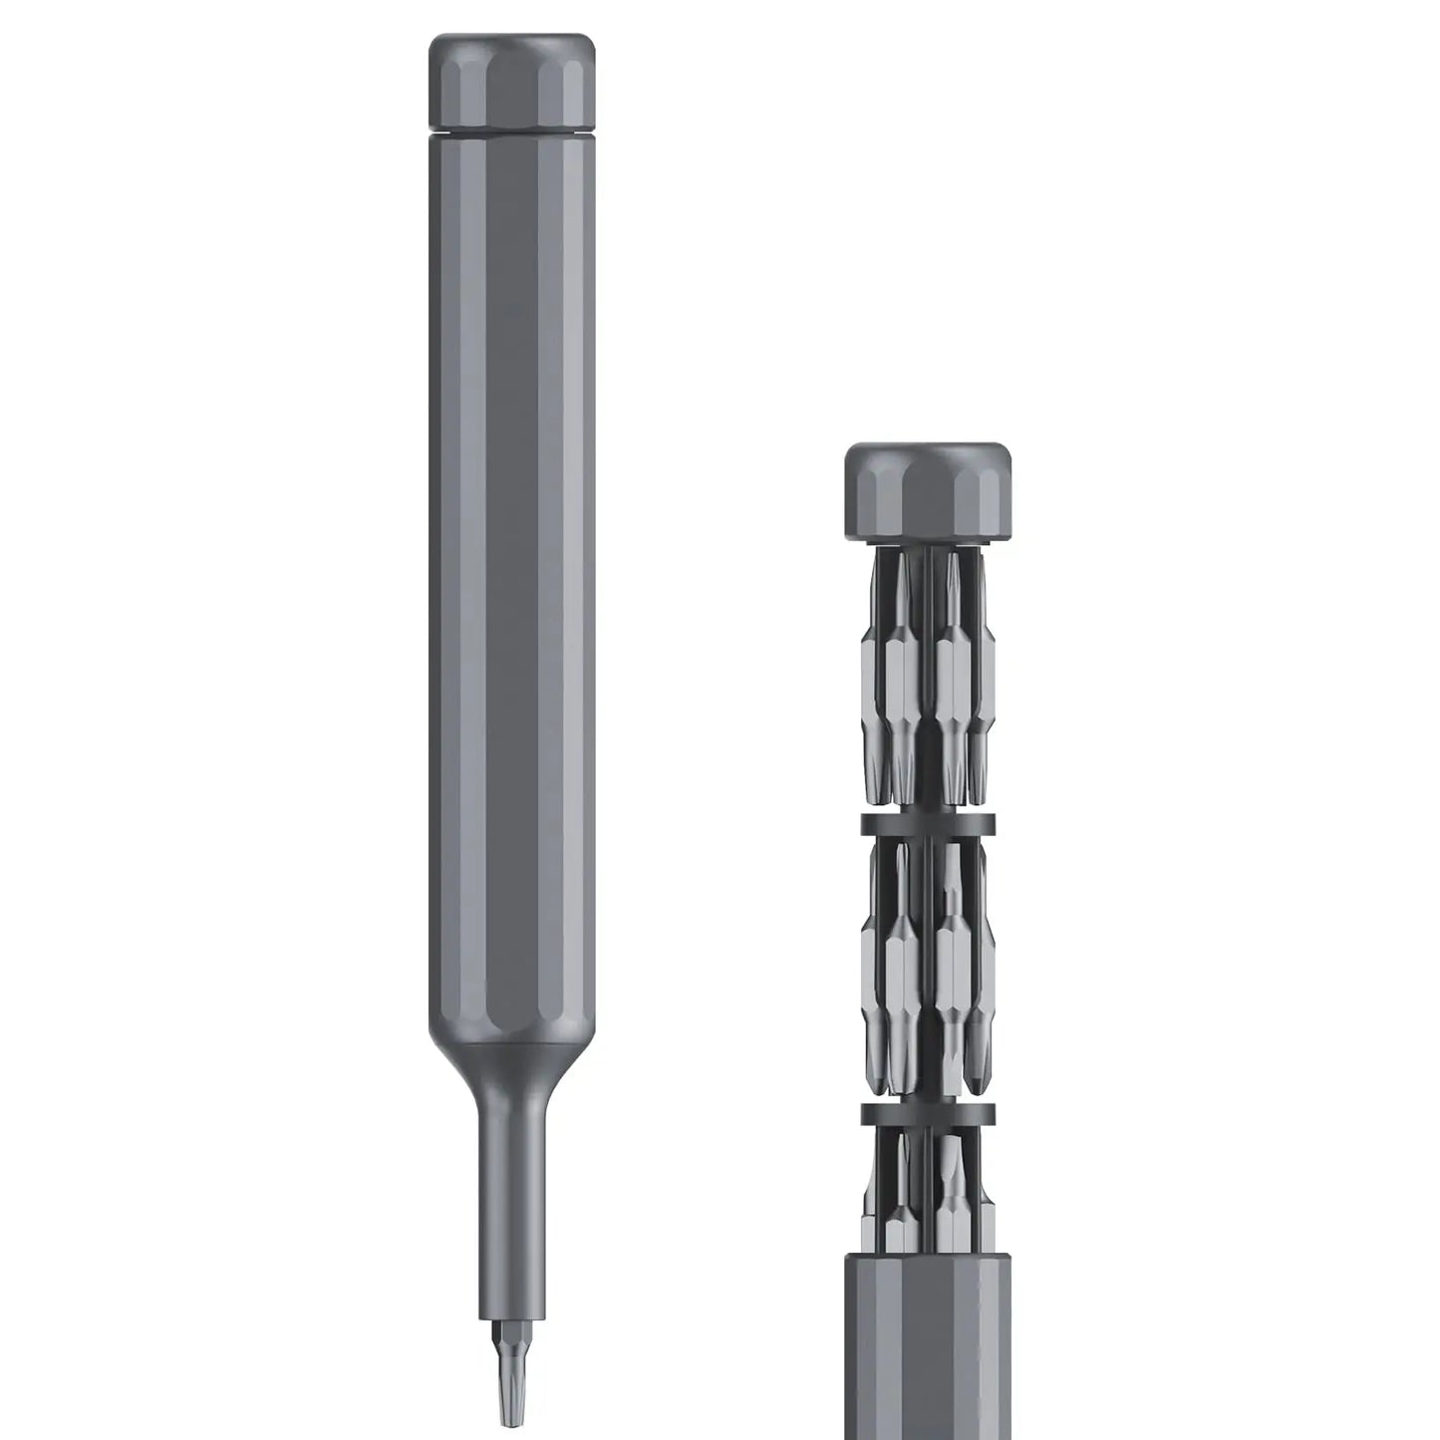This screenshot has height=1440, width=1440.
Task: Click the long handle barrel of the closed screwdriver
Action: (x=511, y=598)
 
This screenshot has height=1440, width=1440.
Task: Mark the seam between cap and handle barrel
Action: (x=511, y=130)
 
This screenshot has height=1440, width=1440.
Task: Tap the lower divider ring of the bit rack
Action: (x=928, y=1113)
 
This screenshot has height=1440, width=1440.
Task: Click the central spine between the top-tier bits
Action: (x=929, y=678)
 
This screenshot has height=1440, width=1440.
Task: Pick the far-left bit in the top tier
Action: (x=870, y=688)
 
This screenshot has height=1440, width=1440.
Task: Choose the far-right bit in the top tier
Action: (x=985, y=688)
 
